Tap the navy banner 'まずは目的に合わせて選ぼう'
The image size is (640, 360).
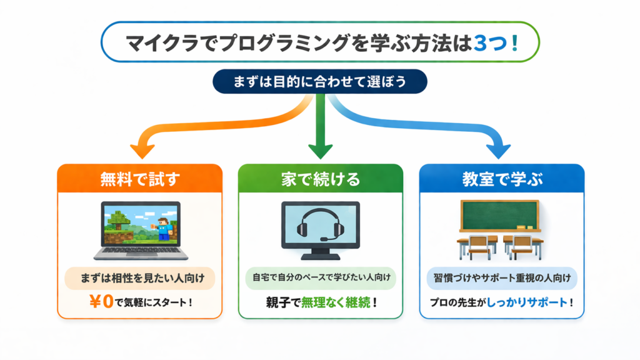(x=320, y=81)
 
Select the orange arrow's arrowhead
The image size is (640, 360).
(x=142, y=151)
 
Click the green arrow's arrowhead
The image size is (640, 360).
(x=320, y=150)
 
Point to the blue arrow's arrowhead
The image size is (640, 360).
(x=498, y=151)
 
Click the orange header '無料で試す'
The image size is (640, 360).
(x=140, y=179)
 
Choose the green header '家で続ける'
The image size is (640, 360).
(x=320, y=179)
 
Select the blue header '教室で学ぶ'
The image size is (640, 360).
(x=502, y=179)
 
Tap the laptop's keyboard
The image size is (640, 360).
(x=141, y=251)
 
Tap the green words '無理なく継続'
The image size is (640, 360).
(x=336, y=302)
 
